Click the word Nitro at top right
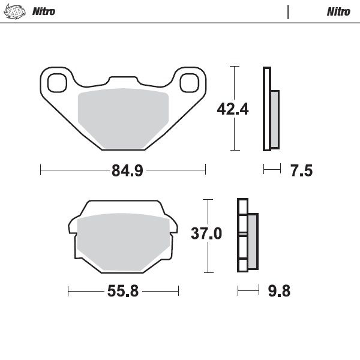(338, 11)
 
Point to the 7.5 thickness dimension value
(301, 171)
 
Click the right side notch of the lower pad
(175, 229)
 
